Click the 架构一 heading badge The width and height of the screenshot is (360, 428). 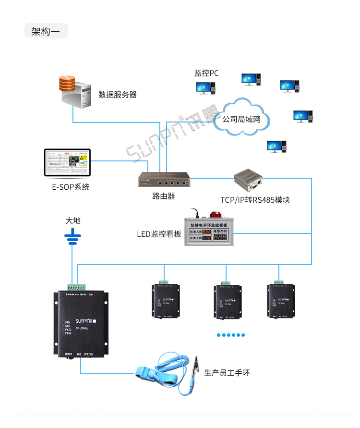(x=46, y=31)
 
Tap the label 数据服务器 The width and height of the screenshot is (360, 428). (x=118, y=95)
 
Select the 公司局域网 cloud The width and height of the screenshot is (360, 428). (x=241, y=118)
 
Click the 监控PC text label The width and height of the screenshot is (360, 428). (x=206, y=73)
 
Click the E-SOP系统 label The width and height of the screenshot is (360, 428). (x=71, y=187)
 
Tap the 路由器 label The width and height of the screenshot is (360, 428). (x=163, y=196)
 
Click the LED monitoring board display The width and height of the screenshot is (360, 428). (x=209, y=232)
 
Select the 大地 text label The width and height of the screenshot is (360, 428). (x=73, y=220)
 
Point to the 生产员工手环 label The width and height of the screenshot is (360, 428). (x=227, y=373)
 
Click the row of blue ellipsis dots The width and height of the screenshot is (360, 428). (x=230, y=335)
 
